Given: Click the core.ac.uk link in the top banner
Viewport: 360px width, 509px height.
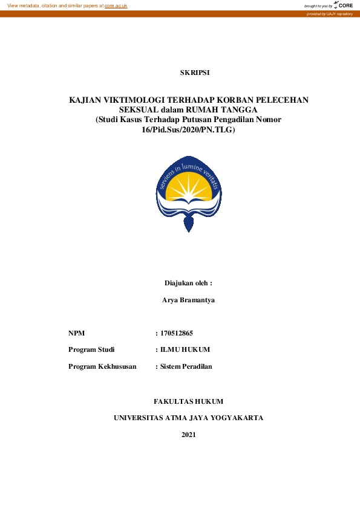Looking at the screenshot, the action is pos(116,5).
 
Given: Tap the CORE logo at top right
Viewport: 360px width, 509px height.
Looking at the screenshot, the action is pos(343,5).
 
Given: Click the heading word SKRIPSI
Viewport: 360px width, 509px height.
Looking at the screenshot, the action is pos(195,73).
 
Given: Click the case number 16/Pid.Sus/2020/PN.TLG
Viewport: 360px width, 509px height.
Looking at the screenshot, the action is pos(188,129).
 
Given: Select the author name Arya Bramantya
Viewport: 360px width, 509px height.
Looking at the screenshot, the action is pos(189,300).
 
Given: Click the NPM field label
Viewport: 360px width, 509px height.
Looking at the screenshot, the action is pos(76,333).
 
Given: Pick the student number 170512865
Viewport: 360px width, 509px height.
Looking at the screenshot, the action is pos(176,333).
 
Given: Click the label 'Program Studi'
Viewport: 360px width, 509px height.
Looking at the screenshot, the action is pos(91,350).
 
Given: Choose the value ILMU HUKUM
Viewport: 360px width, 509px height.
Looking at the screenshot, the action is pos(185,350).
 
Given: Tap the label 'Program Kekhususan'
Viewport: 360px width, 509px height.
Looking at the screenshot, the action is pos(102,366).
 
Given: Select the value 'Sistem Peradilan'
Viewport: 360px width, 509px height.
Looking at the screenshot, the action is pos(186,366).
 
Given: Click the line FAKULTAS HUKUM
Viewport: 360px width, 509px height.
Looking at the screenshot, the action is pos(189,401).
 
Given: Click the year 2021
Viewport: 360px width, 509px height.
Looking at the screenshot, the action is pos(189,435).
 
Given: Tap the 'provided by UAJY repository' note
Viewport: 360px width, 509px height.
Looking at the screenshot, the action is pos(329,13).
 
